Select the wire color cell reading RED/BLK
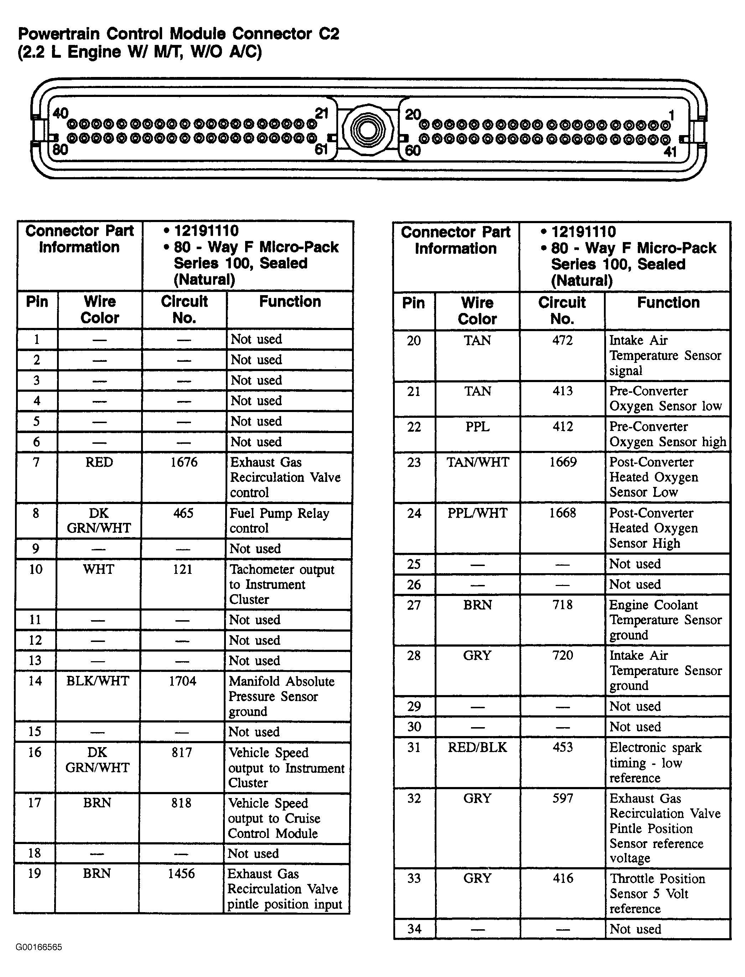(x=477, y=747)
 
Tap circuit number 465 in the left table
(x=183, y=513)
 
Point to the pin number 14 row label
(x=35, y=681)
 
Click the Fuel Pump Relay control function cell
(x=279, y=520)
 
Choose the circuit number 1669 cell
(x=563, y=462)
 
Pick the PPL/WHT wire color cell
(x=477, y=513)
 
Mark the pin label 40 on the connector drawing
(x=60, y=114)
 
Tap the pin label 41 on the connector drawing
(x=670, y=152)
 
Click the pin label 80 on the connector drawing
(x=60, y=149)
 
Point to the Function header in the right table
(x=668, y=303)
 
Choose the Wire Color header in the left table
(x=100, y=310)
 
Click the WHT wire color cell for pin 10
(x=98, y=569)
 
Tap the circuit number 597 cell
(x=563, y=799)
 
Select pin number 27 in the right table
(x=414, y=605)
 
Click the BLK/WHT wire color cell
(x=98, y=681)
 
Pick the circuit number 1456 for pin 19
(x=181, y=874)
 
